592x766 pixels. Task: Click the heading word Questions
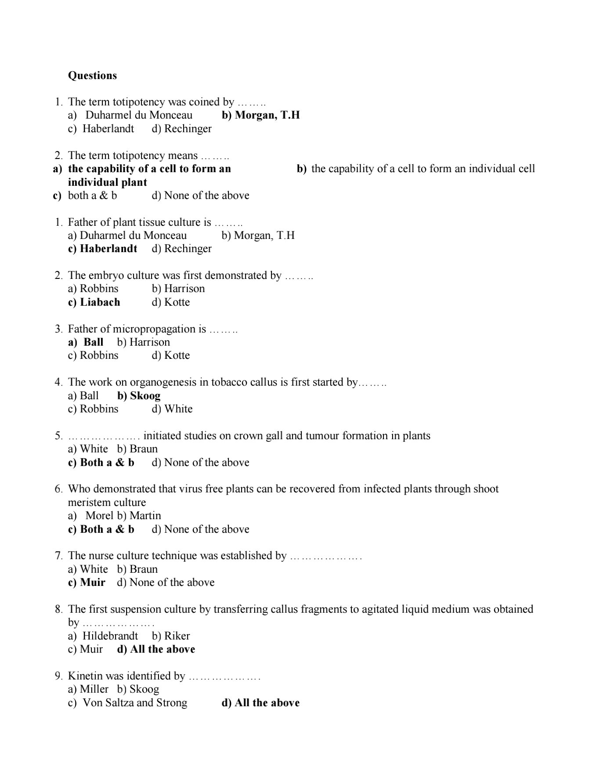92,76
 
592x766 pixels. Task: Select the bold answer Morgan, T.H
267,115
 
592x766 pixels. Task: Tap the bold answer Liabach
100,302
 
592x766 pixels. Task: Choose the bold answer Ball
93,342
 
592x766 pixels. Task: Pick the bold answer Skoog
145,396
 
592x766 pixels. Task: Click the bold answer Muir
93,582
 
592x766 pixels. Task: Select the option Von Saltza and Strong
135,703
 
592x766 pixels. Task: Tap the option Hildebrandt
110,636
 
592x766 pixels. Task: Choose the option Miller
94,689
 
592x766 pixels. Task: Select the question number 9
59,676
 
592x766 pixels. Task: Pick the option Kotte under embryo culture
177,302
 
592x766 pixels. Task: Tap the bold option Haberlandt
108,249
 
